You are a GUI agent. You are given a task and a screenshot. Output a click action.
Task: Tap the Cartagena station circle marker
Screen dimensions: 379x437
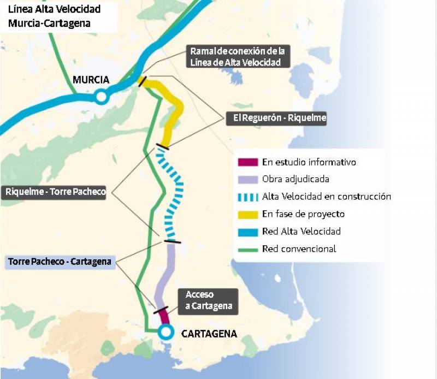[165, 331]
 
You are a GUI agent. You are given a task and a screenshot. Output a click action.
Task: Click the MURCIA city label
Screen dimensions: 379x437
[91, 80]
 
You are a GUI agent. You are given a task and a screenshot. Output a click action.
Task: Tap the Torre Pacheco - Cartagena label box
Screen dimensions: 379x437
[60, 262]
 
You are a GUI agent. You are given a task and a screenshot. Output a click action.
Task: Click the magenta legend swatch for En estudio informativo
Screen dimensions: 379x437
[247, 162]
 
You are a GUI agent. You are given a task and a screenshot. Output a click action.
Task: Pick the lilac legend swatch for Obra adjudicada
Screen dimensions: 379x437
[247, 179]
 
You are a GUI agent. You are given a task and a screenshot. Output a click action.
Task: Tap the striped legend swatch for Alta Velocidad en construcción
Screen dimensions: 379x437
[247, 197]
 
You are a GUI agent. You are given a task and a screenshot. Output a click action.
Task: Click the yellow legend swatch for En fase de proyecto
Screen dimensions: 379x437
[247, 214]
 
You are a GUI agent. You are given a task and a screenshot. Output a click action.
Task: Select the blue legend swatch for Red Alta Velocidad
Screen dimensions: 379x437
[247, 232]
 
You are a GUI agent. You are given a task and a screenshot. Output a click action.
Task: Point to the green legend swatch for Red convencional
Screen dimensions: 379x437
[247, 249]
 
